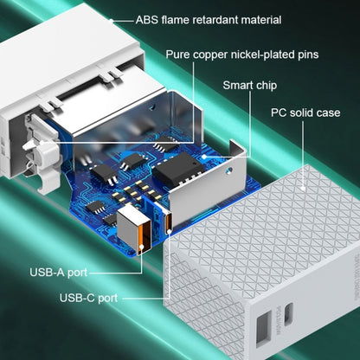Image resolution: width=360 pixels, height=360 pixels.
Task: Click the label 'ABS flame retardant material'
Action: [209, 20]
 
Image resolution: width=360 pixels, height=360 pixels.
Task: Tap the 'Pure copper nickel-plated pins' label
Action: [242, 55]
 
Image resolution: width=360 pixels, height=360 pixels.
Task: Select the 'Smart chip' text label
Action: [250, 86]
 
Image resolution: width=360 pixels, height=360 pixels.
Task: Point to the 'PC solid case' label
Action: [305, 112]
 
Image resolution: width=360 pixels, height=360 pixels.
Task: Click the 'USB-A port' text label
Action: [59, 272]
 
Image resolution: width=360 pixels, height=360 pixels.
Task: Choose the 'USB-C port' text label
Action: [88, 298]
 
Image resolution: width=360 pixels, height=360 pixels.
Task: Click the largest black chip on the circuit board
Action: [178, 168]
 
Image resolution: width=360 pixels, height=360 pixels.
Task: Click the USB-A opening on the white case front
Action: [264, 329]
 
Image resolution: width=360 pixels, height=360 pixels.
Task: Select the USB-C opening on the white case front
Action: [288, 314]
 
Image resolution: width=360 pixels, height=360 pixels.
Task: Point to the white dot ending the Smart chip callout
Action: [204, 157]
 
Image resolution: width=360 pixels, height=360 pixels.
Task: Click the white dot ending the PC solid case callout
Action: [303, 189]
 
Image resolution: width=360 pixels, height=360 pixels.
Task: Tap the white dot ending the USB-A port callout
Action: [142, 247]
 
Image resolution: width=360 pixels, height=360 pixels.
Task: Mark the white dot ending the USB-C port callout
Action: [169, 231]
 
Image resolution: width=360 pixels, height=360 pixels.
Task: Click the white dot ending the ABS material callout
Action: [112, 21]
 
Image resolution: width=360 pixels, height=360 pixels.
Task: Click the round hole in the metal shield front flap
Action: [229, 170]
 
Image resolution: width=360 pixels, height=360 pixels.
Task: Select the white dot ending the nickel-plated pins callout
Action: [42, 143]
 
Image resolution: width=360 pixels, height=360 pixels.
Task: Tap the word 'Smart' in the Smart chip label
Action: [237, 86]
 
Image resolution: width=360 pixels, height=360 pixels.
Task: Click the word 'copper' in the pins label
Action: [209, 55]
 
